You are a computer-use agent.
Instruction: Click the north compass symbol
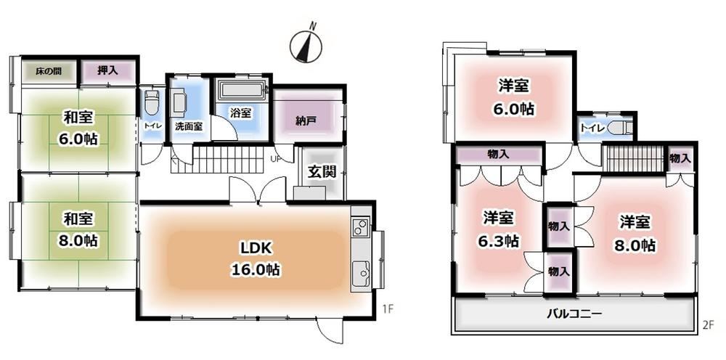pyautogui.click(x=306, y=44)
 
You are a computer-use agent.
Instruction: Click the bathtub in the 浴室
pyautogui.click(x=242, y=90)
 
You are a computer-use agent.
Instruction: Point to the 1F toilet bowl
pyautogui.click(x=151, y=104)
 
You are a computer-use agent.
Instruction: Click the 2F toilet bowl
pyautogui.click(x=619, y=128)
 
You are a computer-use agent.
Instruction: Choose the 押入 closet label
pyautogui.click(x=107, y=71)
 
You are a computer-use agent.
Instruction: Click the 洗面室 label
pyautogui.click(x=189, y=126)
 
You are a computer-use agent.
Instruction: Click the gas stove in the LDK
pyautogui.click(x=360, y=227)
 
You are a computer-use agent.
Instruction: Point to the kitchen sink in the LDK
pyautogui.click(x=361, y=274)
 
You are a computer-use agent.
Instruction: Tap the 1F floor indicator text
pyautogui.click(x=388, y=308)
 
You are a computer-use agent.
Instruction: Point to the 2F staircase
pyautogui.click(x=635, y=159)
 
